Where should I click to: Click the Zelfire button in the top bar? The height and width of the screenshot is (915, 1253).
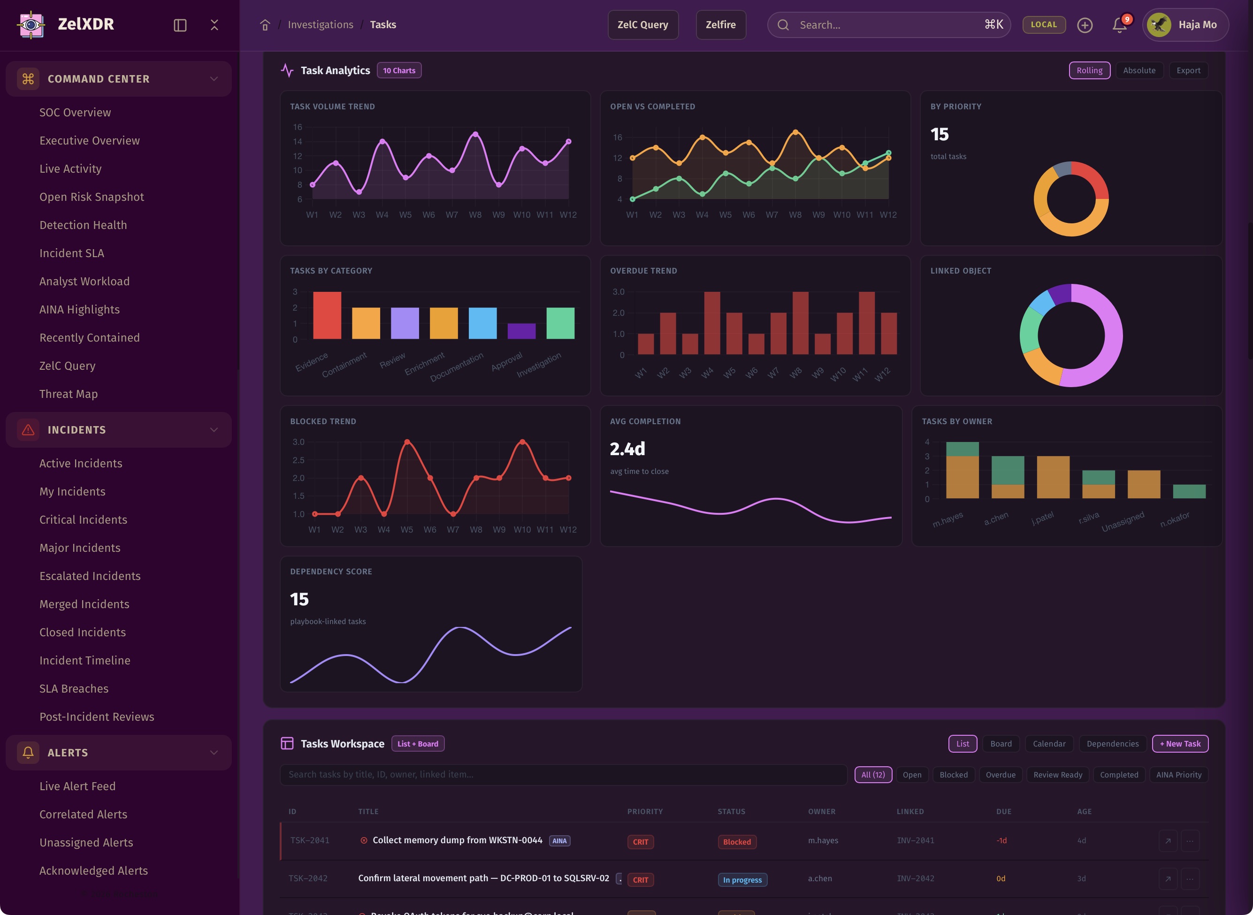pos(720,25)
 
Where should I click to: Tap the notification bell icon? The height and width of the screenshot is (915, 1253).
pos(1119,25)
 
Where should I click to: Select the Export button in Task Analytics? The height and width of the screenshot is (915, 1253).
pos(1188,70)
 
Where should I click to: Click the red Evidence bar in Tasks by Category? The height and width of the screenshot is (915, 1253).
pos(327,315)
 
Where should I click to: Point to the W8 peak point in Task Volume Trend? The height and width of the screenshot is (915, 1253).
pos(475,135)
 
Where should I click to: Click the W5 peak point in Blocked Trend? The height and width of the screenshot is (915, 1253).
pos(407,442)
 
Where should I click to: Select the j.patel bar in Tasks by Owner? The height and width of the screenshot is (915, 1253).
pos(1053,477)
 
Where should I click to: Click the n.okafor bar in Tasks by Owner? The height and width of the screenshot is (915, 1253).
pos(1189,491)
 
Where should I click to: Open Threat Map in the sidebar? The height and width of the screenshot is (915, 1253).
pos(68,394)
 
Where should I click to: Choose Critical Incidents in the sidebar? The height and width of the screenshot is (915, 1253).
pos(83,519)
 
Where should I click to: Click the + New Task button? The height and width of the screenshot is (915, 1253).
pos(1180,744)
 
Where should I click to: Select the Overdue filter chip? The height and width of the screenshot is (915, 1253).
pos(1001,775)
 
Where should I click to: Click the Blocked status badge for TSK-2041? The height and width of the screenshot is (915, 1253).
pos(737,842)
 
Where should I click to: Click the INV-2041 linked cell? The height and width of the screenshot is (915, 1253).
pos(915,841)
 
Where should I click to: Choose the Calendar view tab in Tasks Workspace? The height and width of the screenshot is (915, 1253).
pos(1048,744)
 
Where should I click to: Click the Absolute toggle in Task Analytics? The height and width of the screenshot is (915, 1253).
pos(1139,70)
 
